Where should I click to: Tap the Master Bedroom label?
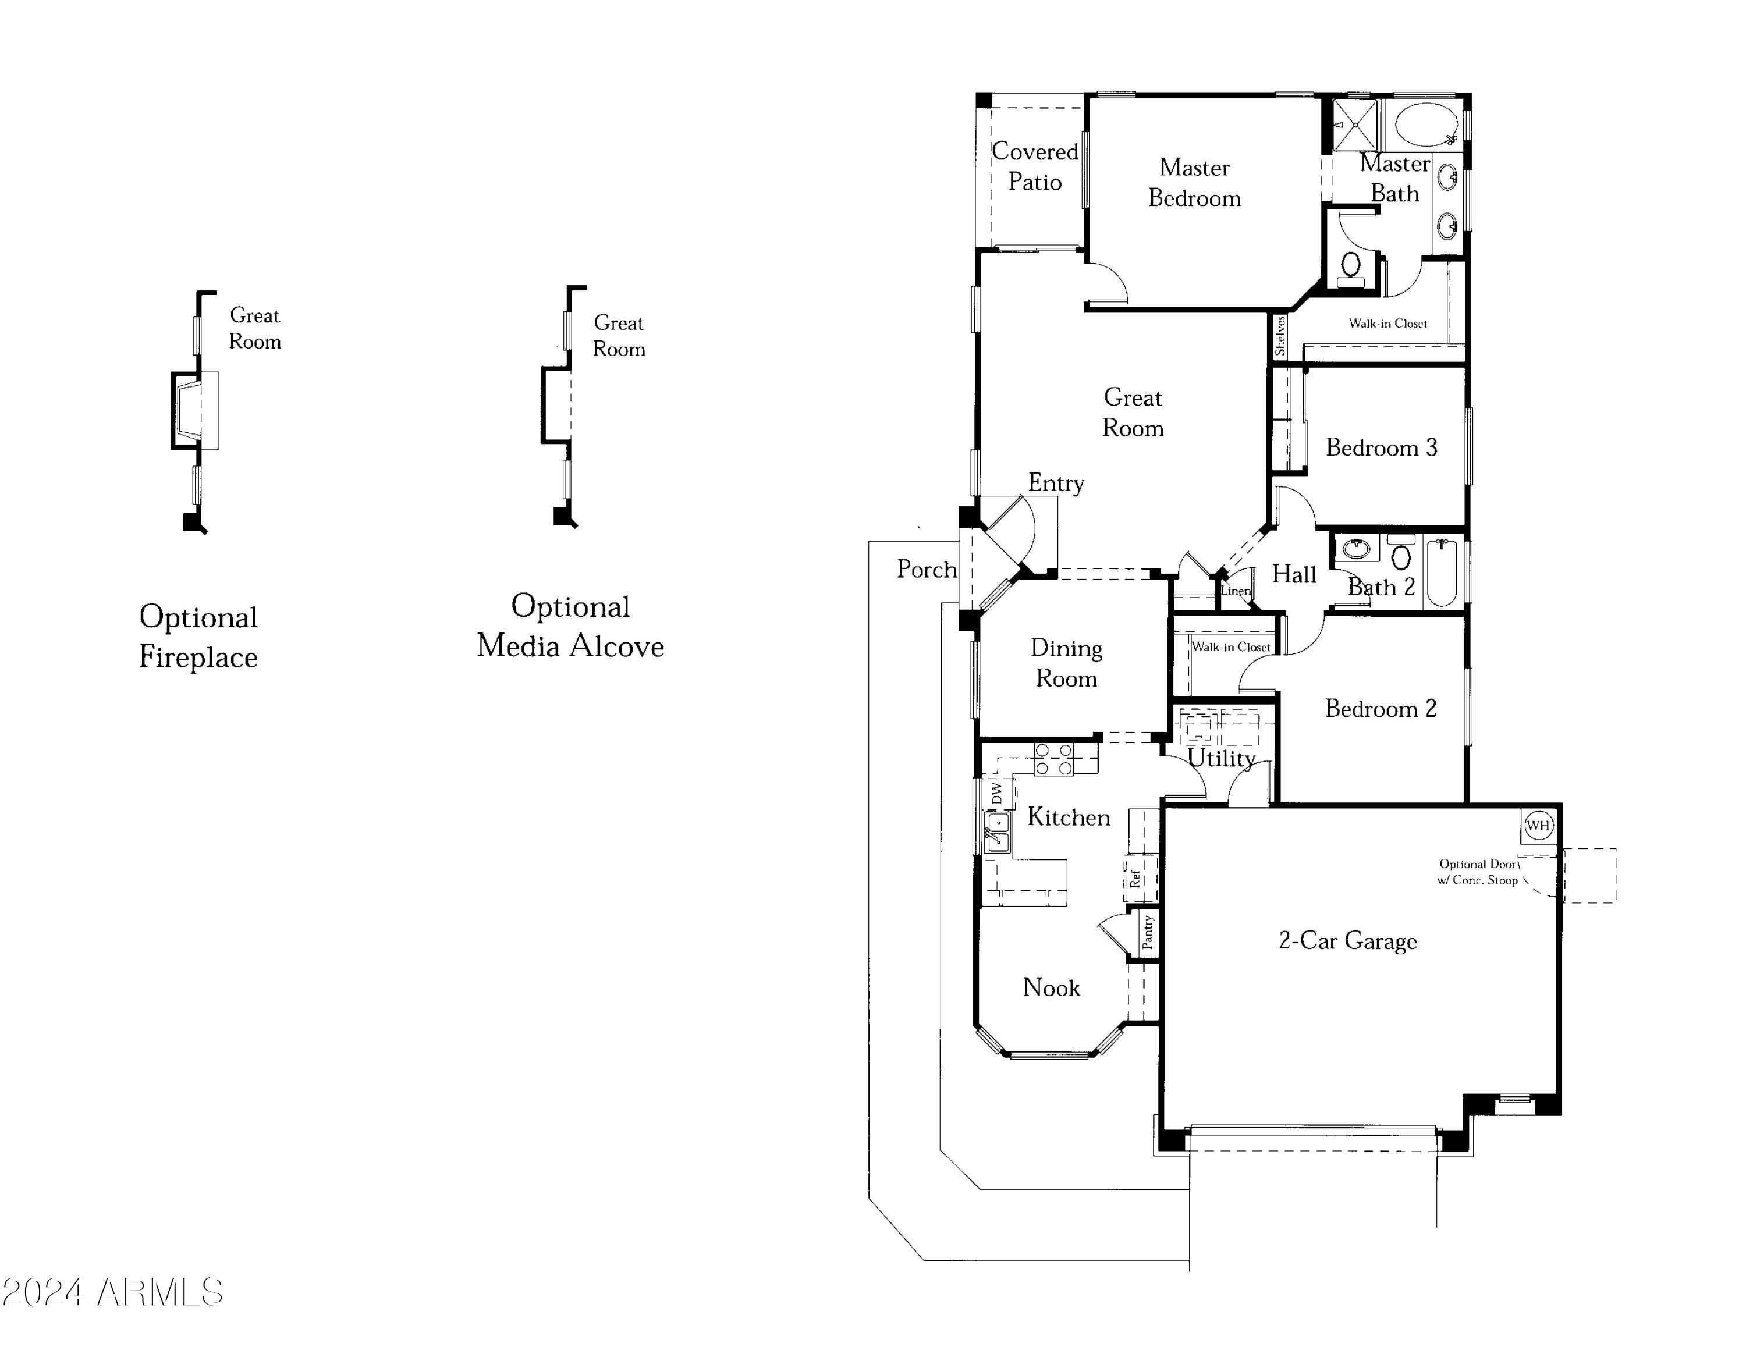click(1194, 183)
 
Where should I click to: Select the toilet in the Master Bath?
click(1351, 265)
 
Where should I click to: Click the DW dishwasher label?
click(997, 793)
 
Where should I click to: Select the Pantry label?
click(1148, 932)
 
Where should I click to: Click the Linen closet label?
click(1235, 591)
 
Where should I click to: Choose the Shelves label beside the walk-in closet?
click(1279, 336)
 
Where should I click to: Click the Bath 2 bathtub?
click(1442, 573)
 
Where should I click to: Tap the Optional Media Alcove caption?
click(570, 626)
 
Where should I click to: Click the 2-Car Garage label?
click(1348, 941)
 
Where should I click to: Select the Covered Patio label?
click(1034, 166)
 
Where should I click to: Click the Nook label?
click(1051, 988)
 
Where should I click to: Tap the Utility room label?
click(1221, 758)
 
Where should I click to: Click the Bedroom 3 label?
click(1381, 447)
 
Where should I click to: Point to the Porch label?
click(927, 569)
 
